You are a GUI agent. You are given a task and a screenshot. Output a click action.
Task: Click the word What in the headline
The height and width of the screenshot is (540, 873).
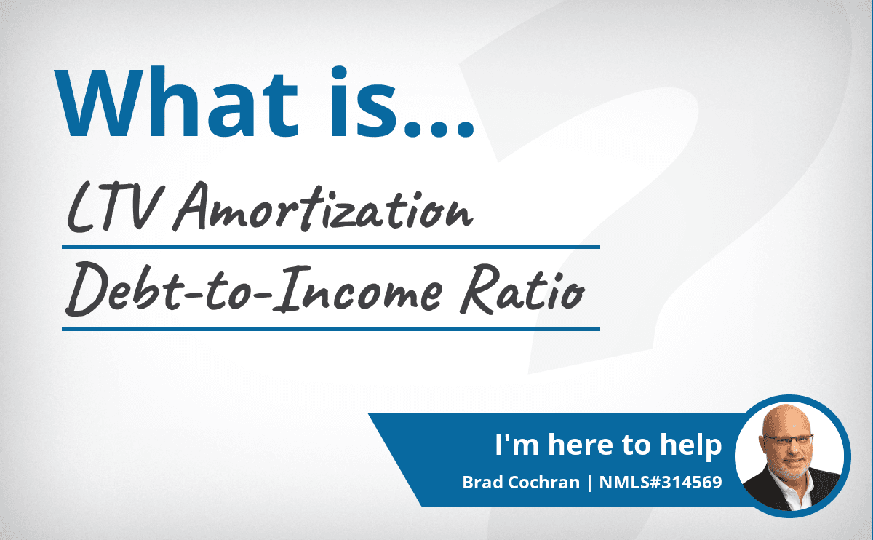tap(176, 103)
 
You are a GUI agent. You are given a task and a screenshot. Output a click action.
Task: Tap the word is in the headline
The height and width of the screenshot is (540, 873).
tap(364, 102)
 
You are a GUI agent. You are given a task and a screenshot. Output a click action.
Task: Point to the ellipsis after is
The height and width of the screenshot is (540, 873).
tap(439, 128)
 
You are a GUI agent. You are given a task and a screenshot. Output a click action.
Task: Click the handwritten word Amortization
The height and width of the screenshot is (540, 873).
tap(323, 207)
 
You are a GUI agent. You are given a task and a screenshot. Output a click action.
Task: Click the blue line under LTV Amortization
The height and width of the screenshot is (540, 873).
tap(331, 247)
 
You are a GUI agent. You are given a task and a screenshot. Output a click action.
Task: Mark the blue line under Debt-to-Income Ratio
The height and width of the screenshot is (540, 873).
tap(331, 329)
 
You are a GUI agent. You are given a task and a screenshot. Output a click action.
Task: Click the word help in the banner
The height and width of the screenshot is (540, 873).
tap(690, 445)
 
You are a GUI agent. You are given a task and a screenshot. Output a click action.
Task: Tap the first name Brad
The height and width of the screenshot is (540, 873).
tap(483, 483)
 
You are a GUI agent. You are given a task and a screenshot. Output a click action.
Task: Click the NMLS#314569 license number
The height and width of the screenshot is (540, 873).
tap(661, 483)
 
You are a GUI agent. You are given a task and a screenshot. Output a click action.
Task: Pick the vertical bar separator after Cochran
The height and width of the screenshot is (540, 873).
tap(590, 483)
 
